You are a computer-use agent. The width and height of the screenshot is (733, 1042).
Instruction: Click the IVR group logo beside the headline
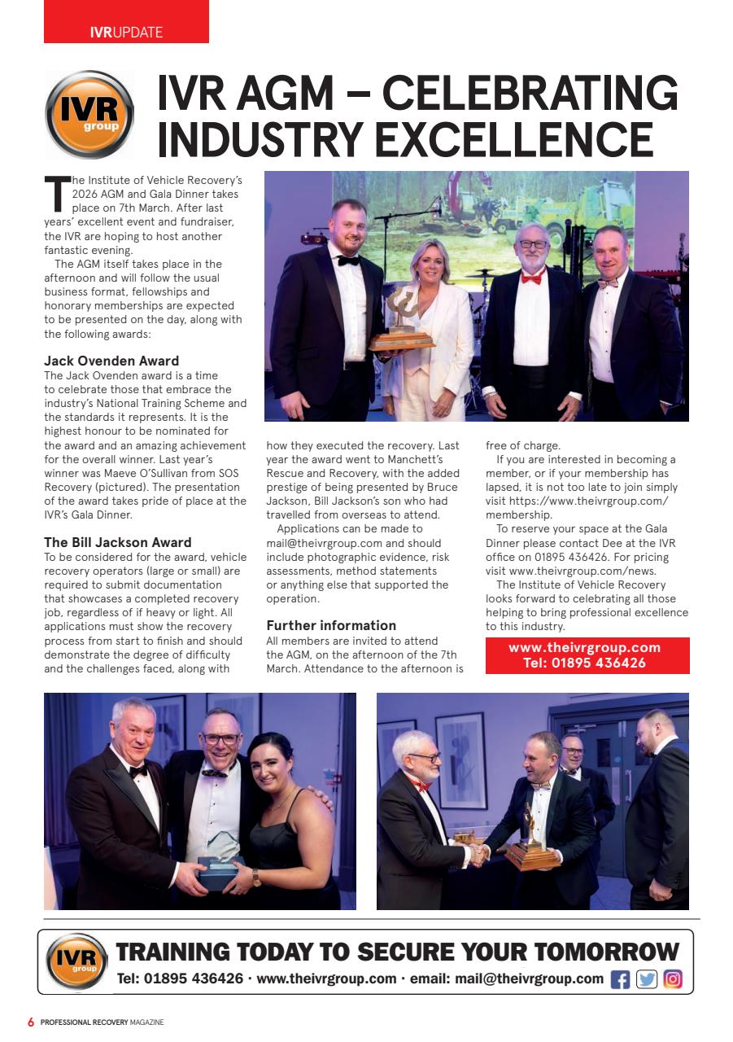point(89,114)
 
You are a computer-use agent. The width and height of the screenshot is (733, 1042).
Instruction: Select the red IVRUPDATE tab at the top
point(126,32)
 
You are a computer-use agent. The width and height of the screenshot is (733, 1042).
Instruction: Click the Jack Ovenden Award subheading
point(111,361)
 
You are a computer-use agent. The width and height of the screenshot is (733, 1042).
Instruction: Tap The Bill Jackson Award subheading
point(118,542)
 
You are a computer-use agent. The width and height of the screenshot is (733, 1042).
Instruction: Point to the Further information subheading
point(331,625)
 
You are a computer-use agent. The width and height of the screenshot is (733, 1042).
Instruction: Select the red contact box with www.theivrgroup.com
point(587,655)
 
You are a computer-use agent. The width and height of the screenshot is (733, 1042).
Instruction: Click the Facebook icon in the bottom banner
point(620,979)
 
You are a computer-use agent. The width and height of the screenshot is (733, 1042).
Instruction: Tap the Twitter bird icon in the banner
point(646,979)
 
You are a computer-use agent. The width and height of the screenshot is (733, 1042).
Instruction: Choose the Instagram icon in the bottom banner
point(672,979)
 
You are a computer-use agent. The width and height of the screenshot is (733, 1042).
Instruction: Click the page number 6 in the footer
point(31,1022)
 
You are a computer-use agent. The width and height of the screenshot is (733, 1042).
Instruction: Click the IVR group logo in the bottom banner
point(77,962)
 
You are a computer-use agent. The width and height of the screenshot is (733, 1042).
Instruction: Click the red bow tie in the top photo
point(531,278)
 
